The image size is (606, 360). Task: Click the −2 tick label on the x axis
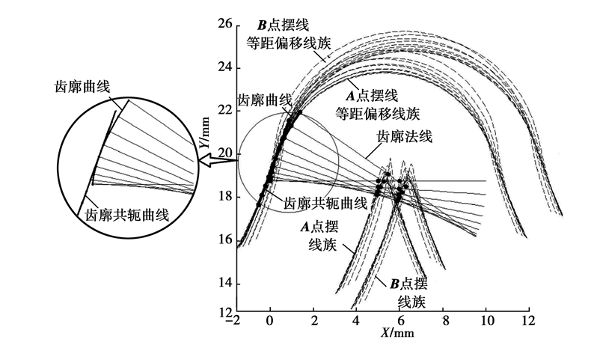tap(236, 320)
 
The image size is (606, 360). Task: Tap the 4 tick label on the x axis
tap(356, 320)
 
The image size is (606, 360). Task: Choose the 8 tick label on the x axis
tap(445, 320)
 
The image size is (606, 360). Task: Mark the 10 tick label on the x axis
tap(489, 320)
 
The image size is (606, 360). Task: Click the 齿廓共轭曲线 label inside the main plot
tap(326, 202)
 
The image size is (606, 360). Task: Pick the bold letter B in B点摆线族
tap(393, 284)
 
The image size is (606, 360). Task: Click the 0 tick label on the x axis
tap(270, 320)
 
